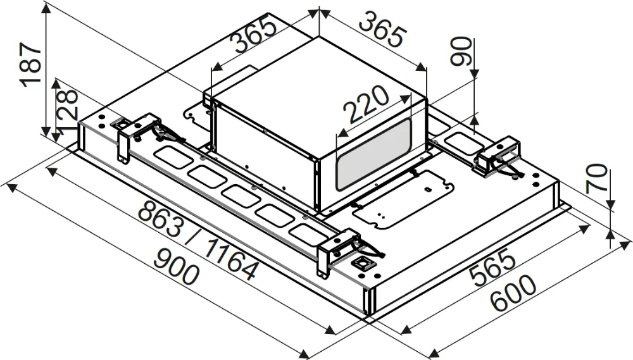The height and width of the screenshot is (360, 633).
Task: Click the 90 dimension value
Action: (462, 52)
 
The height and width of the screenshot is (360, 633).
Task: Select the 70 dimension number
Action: (597, 179)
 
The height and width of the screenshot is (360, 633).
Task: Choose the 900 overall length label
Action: (175, 266)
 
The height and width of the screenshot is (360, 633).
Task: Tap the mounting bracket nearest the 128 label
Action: (136, 130)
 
